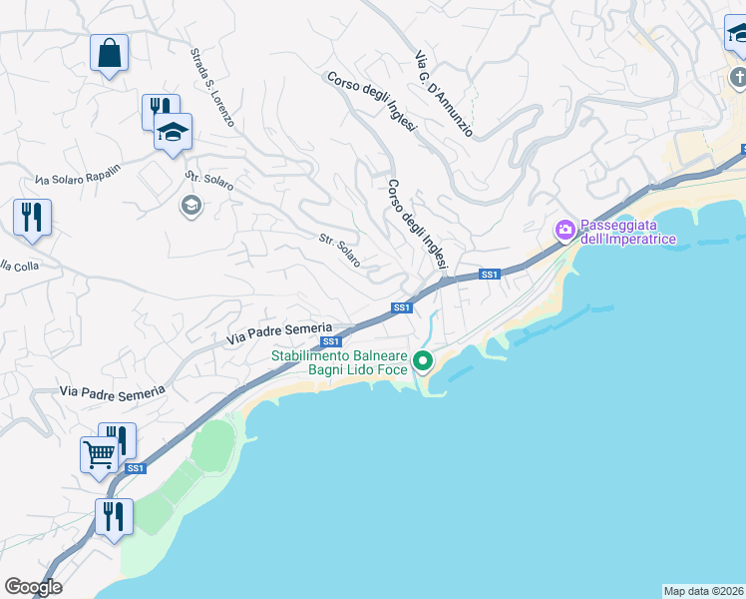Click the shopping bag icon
click(109, 53)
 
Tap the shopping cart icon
click(100, 454)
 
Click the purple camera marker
click(564, 231)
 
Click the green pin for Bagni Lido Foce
click(423, 361)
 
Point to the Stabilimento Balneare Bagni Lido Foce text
click(340, 363)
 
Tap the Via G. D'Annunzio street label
click(444, 95)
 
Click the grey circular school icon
click(189, 206)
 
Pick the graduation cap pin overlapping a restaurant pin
click(174, 132)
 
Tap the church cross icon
click(738, 77)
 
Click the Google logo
click(33, 587)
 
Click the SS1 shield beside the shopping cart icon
click(136, 468)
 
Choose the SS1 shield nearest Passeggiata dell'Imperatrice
click(489, 275)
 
